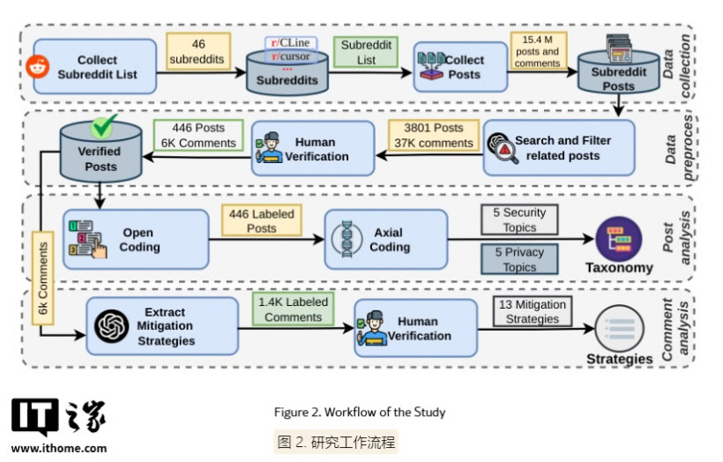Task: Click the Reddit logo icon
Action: coord(38,67)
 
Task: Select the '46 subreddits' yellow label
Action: coord(198,51)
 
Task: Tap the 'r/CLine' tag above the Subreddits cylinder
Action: coord(290,43)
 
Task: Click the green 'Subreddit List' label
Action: coord(366,52)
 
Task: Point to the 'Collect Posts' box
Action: coord(460,67)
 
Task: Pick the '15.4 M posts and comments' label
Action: coord(538,51)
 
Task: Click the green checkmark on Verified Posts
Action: coord(103,126)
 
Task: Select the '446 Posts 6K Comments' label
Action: coord(198,135)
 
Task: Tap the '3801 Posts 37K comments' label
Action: coord(434,135)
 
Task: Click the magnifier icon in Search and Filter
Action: coord(503,147)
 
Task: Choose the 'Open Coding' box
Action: coord(136,239)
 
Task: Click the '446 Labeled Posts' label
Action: coord(262,220)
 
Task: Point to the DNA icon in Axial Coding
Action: coord(347,238)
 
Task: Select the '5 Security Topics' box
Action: coord(519,220)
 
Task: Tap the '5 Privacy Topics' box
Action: coord(519,259)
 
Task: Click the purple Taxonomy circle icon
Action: coord(619,239)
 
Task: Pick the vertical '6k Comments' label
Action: coord(43,278)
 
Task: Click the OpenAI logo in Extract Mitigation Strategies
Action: coord(112,326)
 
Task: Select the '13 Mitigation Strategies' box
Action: coord(533,312)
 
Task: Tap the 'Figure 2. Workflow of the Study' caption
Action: coord(360,412)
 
